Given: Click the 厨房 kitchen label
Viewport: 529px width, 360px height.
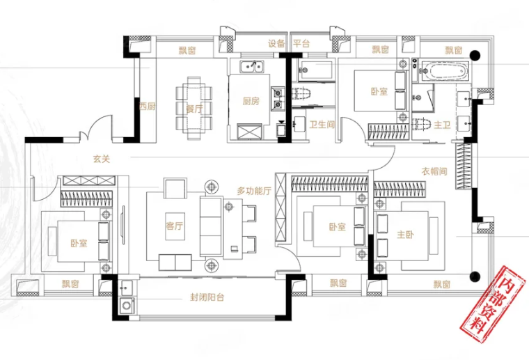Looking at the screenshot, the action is [x=251, y=101].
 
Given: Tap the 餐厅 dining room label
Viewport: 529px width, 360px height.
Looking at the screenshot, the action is [x=194, y=109].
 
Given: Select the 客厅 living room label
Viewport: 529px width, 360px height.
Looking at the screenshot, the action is [x=175, y=226].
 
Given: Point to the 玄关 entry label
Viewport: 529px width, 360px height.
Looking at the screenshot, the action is [x=102, y=159].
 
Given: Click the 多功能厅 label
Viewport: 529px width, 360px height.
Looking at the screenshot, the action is [x=254, y=191].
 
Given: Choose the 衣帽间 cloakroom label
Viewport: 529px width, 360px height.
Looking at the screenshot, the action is [x=434, y=171].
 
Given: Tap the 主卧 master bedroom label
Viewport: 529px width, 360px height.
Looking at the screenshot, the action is [x=405, y=235].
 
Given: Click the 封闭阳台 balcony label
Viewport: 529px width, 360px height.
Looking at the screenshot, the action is [x=207, y=297].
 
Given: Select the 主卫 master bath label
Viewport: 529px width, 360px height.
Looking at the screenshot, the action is [x=442, y=125].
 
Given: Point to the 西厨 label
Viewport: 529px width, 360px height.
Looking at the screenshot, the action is [x=147, y=107].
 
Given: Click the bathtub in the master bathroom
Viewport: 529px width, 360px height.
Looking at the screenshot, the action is [x=445, y=71].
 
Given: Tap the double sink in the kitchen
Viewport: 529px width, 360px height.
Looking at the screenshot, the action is [x=252, y=66].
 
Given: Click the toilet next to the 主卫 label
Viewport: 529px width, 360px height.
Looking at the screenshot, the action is [x=422, y=124].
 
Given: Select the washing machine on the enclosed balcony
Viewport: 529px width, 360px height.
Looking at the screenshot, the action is [x=127, y=306].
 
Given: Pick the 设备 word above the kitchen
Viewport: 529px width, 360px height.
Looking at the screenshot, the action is [x=276, y=44].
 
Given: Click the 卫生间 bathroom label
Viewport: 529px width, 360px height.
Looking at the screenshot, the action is [x=322, y=125].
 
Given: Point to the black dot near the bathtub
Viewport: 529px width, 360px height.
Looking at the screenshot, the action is [x=475, y=55].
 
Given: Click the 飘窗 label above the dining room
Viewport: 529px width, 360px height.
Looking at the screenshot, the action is [x=187, y=51].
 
